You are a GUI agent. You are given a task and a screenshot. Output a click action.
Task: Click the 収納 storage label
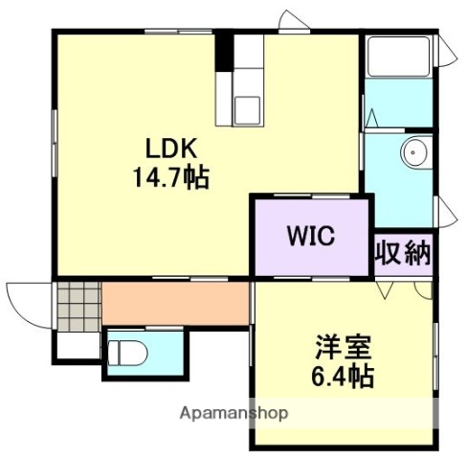(x=403, y=255)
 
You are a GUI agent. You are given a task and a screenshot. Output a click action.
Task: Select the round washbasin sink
(x=414, y=150)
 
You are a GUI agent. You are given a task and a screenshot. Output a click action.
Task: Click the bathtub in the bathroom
(x=398, y=61)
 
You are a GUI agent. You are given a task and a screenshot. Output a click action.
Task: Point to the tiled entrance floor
(x=77, y=305)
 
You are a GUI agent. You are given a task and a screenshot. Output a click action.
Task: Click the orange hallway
(x=174, y=304)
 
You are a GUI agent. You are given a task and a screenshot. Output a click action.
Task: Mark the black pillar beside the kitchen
(x=224, y=52)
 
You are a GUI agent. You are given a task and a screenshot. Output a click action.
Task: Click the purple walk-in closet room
(x=311, y=236)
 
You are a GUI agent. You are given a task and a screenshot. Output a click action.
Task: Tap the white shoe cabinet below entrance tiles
(x=77, y=343)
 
